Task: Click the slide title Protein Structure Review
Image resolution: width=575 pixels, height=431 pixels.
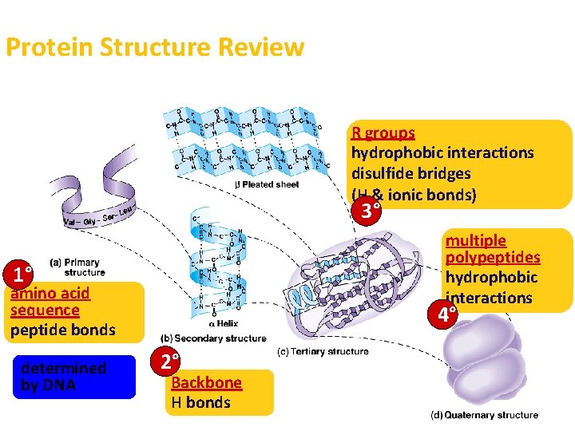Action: (x=155, y=47)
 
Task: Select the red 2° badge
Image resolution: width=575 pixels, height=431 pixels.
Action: (x=166, y=362)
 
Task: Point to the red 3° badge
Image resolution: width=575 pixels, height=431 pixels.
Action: (x=368, y=212)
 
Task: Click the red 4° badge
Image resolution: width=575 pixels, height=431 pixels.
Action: (x=442, y=314)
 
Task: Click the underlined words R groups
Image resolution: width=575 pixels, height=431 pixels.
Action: (x=383, y=132)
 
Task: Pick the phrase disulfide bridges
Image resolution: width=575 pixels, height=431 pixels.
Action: (x=411, y=173)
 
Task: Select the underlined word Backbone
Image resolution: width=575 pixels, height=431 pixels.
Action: (x=206, y=382)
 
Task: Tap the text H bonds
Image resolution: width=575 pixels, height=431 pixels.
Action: (x=201, y=402)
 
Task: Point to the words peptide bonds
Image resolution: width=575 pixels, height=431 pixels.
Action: (x=63, y=330)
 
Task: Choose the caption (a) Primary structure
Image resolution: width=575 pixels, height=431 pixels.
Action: (x=77, y=267)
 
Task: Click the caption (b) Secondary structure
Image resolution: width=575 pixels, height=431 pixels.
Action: (x=214, y=338)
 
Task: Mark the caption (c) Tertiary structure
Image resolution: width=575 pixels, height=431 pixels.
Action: (x=323, y=351)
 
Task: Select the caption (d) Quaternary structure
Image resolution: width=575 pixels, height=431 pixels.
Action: (x=485, y=415)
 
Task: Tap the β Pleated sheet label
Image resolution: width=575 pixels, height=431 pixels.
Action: (x=267, y=184)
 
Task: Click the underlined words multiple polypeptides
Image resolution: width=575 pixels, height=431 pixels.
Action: (x=492, y=249)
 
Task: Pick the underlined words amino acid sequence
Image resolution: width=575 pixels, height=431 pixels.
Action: (x=50, y=302)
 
